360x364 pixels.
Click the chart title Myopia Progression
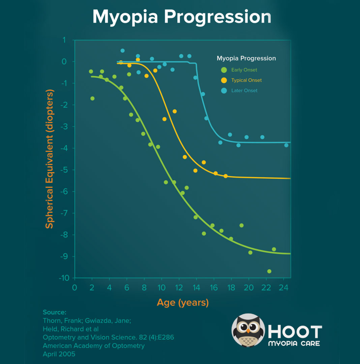181,17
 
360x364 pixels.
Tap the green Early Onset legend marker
224,70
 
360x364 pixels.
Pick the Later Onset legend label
244,91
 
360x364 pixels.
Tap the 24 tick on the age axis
284,288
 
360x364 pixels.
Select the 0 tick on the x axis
75,288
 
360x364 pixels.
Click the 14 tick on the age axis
196,288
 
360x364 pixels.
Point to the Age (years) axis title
183,302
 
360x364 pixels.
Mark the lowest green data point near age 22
269,271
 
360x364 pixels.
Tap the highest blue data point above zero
122,51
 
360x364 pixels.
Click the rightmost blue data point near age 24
286,145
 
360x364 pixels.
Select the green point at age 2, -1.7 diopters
93,98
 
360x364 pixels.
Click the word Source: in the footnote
54,312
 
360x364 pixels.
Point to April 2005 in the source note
59,354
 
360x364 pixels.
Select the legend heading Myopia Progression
246,58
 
